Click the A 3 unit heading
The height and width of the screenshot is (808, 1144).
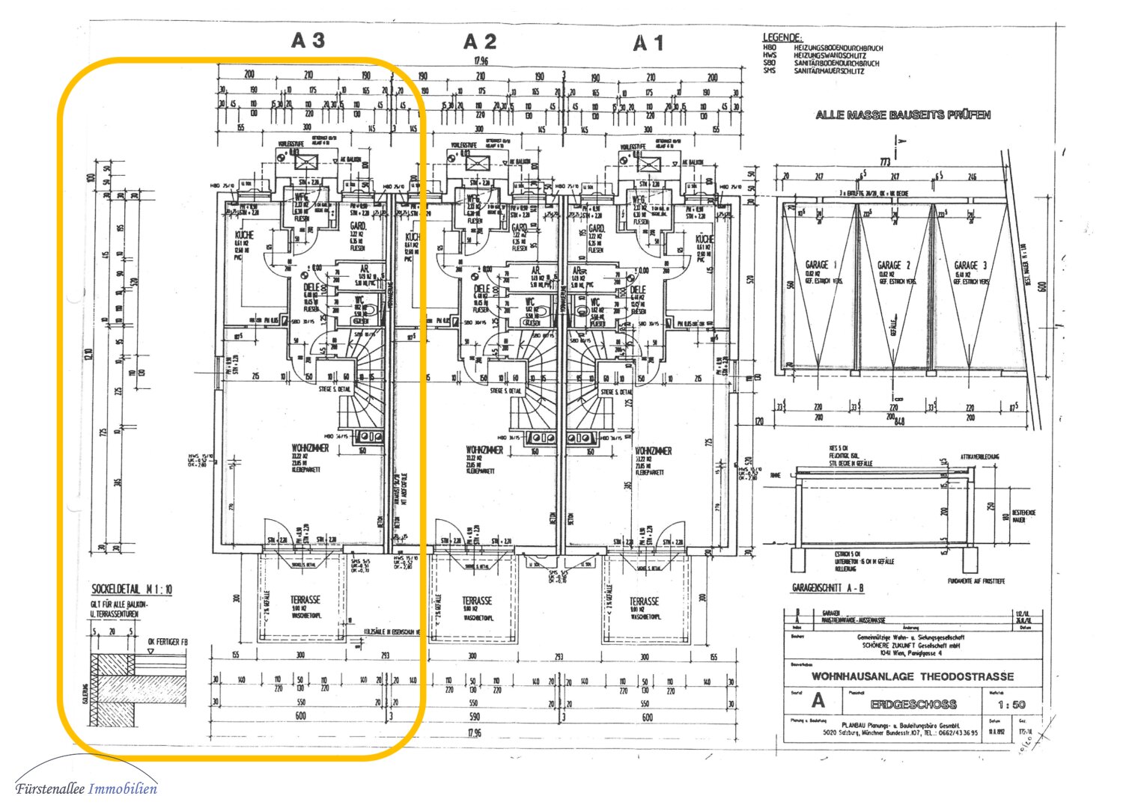click(308, 40)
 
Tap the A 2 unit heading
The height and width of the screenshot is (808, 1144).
click(479, 42)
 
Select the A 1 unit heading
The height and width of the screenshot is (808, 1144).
click(648, 44)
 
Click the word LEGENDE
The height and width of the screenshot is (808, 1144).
click(782, 37)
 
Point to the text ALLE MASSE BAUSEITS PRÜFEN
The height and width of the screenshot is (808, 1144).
click(903, 115)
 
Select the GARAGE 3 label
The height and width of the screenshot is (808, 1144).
click(970, 265)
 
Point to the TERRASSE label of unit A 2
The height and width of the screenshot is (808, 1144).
click(477, 601)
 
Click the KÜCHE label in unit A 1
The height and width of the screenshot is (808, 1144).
click(705, 239)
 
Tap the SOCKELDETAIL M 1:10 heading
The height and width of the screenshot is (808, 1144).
click(132, 590)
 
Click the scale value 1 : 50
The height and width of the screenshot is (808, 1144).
click(1011, 704)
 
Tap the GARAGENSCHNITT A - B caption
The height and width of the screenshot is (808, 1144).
click(827, 588)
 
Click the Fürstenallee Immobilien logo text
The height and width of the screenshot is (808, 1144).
click(86, 789)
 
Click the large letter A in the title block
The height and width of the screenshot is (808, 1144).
click(818, 701)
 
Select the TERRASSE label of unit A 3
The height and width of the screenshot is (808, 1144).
click(305, 600)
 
